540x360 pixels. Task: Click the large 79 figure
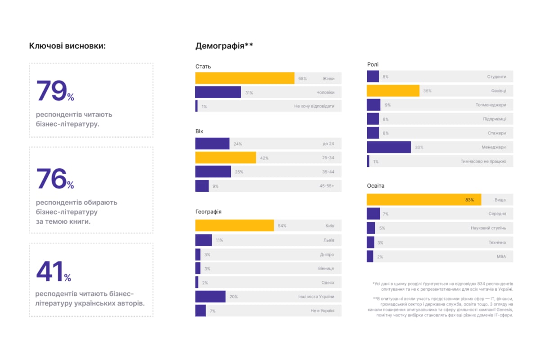click(51, 91)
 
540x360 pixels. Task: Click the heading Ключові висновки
click(67, 45)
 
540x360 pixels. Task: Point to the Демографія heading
click(224, 45)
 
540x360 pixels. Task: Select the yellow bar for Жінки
click(245, 78)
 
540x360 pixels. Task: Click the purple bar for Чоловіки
click(218, 92)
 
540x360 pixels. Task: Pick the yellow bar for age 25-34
click(225, 157)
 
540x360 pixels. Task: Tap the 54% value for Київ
click(282, 226)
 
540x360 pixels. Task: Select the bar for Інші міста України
click(211, 297)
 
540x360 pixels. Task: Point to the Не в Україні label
click(323, 311)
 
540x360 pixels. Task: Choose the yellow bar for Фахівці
click(393, 91)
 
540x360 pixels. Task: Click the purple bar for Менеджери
click(389, 147)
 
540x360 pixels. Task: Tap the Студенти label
click(496, 77)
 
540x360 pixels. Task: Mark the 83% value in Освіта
click(469, 200)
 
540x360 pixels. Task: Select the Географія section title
click(208, 211)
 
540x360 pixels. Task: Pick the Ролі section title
click(373, 65)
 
